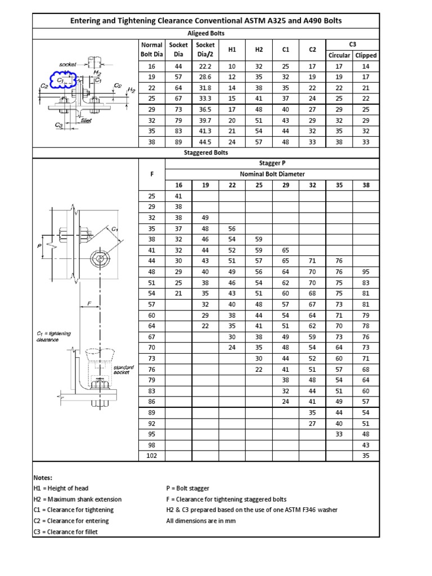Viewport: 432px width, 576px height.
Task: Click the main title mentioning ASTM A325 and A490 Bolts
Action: [x=205, y=21]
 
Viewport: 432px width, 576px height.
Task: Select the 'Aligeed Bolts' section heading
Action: [x=205, y=34]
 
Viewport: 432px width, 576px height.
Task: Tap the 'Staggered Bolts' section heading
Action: [x=205, y=152]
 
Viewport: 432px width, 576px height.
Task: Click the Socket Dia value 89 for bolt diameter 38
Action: [x=178, y=142]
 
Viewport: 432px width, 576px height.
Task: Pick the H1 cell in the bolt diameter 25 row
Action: [x=232, y=98]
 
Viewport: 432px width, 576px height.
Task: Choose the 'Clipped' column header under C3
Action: [x=366, y=55]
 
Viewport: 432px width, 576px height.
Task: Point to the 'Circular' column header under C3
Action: [x=339, y=55]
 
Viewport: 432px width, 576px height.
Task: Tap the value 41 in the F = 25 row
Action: [x=178, y=196]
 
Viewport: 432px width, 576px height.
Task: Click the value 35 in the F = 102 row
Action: [x=366, y=455]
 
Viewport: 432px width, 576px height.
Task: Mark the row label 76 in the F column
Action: [x=151, y=369]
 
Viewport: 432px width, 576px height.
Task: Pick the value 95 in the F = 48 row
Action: [x=366, y=272]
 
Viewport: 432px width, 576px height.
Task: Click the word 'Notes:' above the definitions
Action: [x=43, y=477]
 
